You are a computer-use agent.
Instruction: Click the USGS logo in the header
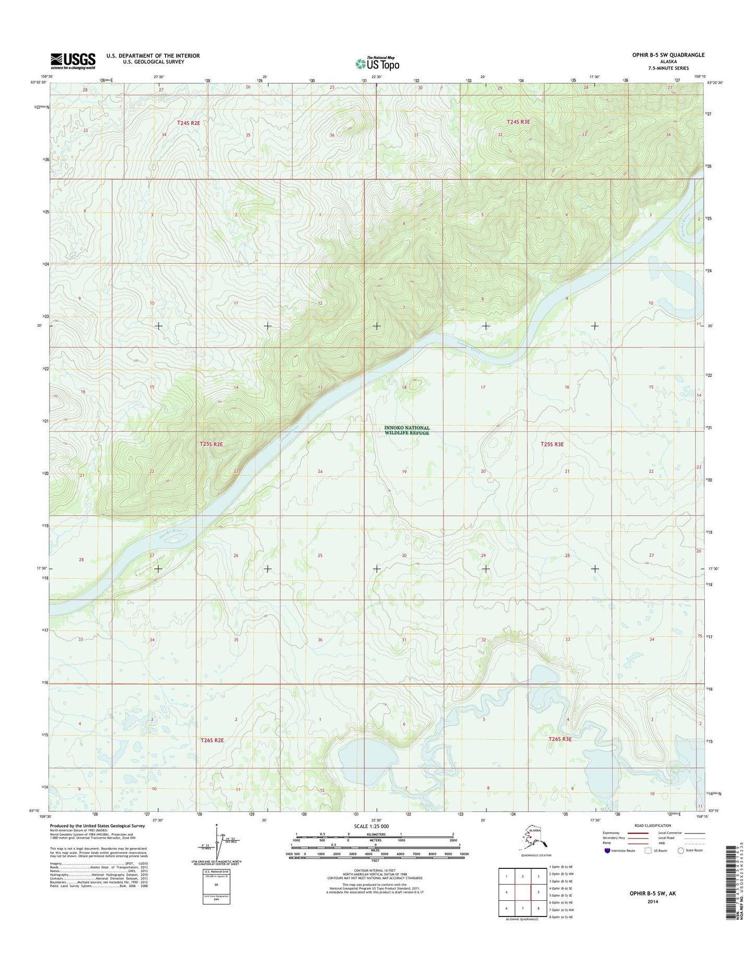[x=73, y=61]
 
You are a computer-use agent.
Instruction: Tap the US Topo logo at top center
[x=377, y=63]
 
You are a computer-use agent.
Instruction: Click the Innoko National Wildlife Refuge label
[x=407, y=430]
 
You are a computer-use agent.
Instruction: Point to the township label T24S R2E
[x=189, y=122]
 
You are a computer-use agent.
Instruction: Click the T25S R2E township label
[x=211, y=444]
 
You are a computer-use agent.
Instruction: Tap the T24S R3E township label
[x=518, y=122]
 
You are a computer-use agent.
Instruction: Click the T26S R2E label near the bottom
[x=212, y=740]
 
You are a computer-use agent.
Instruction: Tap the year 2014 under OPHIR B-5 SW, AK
[x=653, y=901]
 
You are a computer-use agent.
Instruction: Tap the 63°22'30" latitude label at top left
[x=39, y=82]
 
